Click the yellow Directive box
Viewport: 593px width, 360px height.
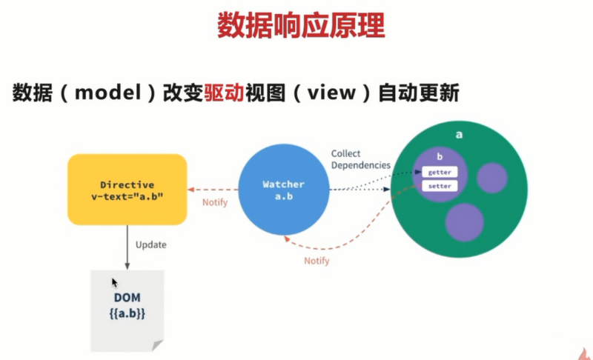(x=127, y=189)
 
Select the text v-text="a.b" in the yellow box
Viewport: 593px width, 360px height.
(x=127, y=196)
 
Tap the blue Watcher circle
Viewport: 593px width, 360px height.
(x=283, y=189)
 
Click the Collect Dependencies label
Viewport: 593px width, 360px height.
(x=360, y=159)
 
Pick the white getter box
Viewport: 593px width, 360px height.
(x=440, y=172)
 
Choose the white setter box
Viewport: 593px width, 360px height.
(x=440, y=186)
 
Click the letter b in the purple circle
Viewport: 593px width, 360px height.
(x=440, y=158)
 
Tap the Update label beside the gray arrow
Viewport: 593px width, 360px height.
(x=151, y=244)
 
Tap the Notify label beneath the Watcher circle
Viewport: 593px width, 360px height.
(x=317, y=261)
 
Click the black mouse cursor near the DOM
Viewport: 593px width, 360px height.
(x=114, y=282)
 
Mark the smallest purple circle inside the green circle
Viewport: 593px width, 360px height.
(x=491, y=178)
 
